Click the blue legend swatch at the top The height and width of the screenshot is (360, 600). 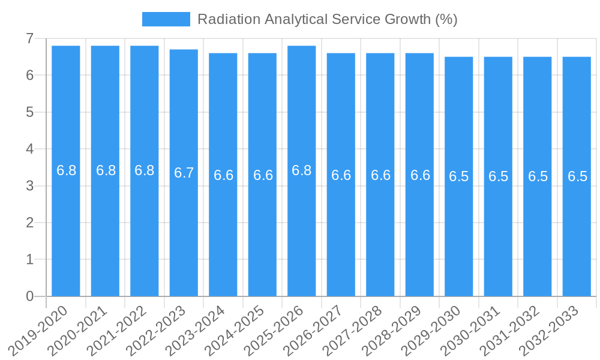point(166,19)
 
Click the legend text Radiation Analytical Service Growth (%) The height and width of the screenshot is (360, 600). point(327,19)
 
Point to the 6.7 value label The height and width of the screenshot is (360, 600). point(184,173)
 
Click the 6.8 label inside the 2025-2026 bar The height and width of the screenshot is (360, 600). point(301,170)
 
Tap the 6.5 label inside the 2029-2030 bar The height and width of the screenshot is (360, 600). point(458,176)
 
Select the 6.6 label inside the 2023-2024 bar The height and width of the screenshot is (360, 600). point(223,175)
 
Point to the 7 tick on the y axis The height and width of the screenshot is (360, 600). point(29,38)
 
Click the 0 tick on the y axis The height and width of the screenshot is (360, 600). point(29,296)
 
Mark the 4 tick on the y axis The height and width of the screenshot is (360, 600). point(29,149)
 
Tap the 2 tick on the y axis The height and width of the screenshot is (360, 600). point(29,223)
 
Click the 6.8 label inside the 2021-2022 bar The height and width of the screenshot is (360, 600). point(145,170)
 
